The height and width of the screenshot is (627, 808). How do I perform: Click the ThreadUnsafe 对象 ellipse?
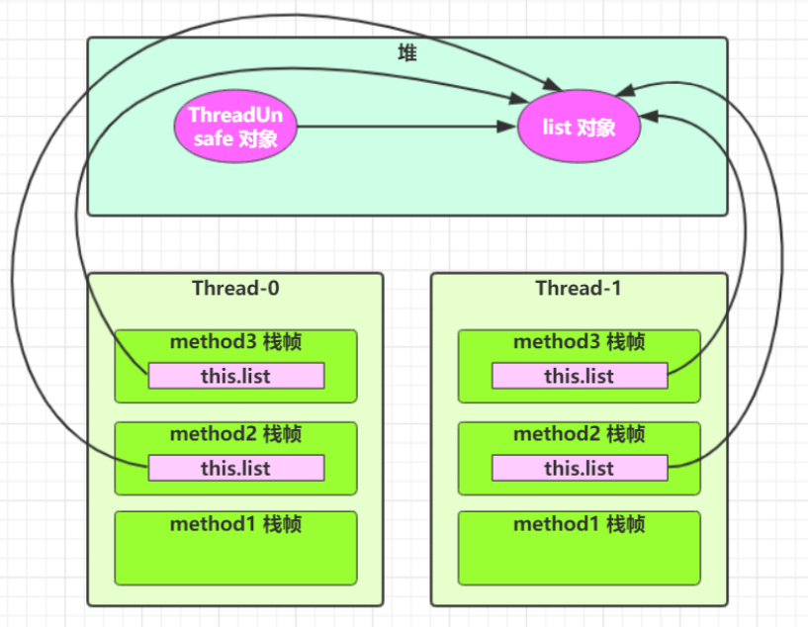pyautogui.click(x=235, y=127)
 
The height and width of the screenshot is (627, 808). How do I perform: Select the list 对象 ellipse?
pyautogui.click(x=580, y=127)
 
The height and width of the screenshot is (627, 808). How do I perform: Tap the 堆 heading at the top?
pyautogui.click(x=406, y=52)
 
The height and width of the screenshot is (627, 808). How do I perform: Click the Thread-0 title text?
pyautogui.click(x=235, y=288)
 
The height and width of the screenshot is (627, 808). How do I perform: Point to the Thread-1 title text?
pyautogui.click(x=579, y=288)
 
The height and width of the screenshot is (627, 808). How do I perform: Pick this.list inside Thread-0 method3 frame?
pyautogui.click(x=235, y=376)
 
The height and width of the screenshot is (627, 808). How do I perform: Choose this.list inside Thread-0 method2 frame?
pyautogui.click(x=235, y=468)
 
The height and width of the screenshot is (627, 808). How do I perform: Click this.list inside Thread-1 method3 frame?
pyautogui.click(x=579, y=376)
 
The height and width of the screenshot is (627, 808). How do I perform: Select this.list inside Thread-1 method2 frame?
pyautogui.click(x=579, y=468)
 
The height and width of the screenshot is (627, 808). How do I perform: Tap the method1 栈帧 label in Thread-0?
pyautogui.click(x=235, y=524)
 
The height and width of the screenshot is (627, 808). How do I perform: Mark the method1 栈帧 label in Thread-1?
pyautogui.click(x=579, y=524)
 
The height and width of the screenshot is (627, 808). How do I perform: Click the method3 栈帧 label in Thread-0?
pyautogui.click(x=235, y=342)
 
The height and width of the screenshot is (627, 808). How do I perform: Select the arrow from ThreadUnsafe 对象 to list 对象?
pyautogui.click(x=405, y=127)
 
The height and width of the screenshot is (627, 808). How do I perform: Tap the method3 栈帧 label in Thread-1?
pyautogui.click(x=579, y=342)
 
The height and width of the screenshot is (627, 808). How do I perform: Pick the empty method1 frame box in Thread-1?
pyautogui.click(x=579, y=559)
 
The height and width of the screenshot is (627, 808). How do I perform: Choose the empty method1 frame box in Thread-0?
pyautogui.click(x=235, y=559)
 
